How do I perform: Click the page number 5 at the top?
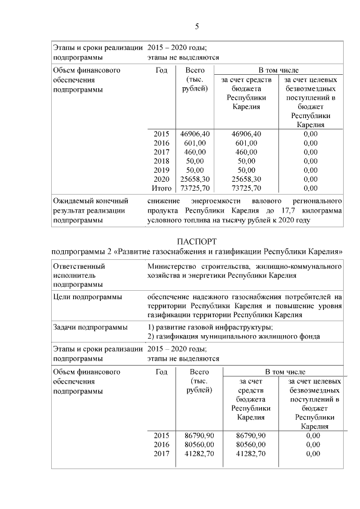pos(197,26)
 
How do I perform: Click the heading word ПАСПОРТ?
pos(196,241)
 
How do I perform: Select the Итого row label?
pos(161,188)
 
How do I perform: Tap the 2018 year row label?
pos(161,161)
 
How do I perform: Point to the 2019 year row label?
pos(161,170)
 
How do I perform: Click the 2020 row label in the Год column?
pos(161,179)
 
